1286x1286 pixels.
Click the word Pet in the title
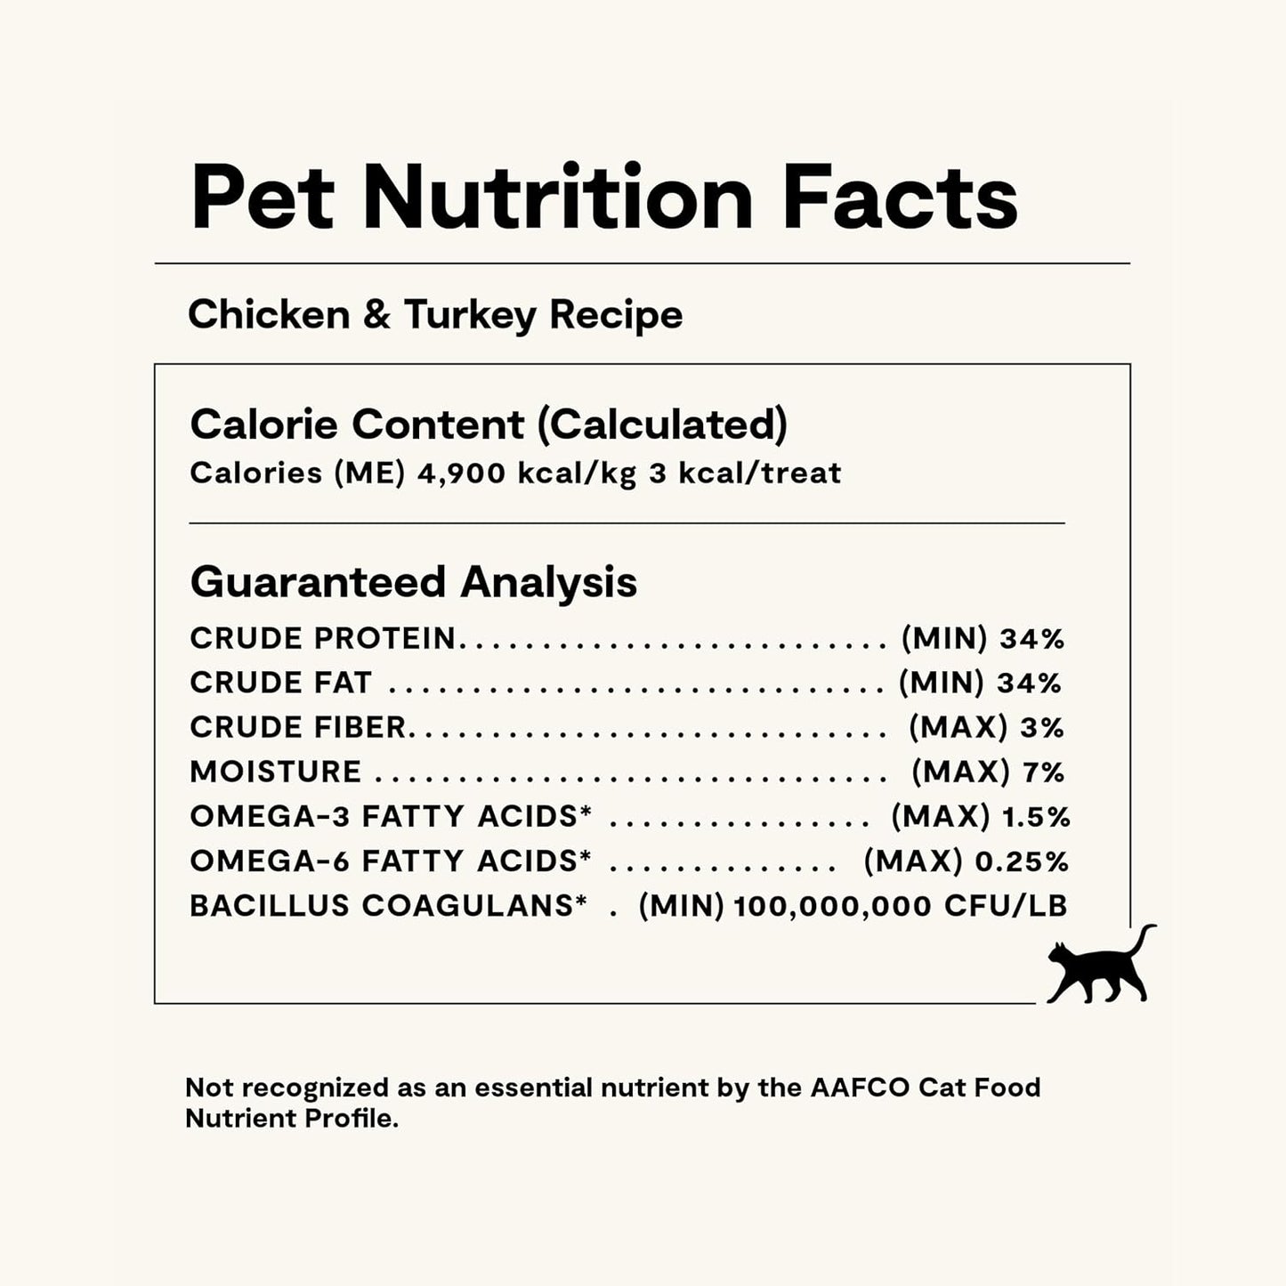click(x=263, y=198)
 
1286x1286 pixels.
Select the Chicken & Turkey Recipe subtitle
click(x=435, y=315)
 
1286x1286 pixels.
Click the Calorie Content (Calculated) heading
click(x=489, y=425)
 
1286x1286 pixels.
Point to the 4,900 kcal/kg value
click(x=527, y=473)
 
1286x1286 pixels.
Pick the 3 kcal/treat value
click(x=745, y=473)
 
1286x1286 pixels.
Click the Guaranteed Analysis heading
click(x=414, y=583)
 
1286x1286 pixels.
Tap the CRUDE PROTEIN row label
click(x=322, y=638)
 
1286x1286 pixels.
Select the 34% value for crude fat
click(x=1029, y=683)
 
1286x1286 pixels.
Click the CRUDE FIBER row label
click(x=298, y=728)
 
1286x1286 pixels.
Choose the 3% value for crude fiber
click(x=1042, y=728)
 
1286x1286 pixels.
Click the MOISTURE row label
click(x=276, y=772)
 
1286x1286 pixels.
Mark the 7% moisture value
click(x=1044, y=772)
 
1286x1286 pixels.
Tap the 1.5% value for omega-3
click(x=1036, y=817)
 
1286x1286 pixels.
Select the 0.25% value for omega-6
click(x=1022, y=861)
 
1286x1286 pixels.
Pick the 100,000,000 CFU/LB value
click(x=901, y=907)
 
